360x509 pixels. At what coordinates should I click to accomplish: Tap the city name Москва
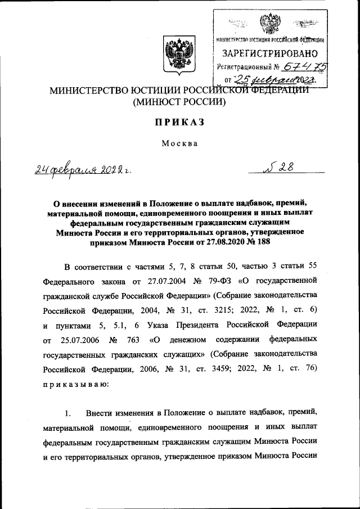(179, 143)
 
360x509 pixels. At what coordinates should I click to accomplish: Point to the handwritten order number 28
(282, 167)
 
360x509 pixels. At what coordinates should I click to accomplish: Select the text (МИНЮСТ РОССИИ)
(179, 102)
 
